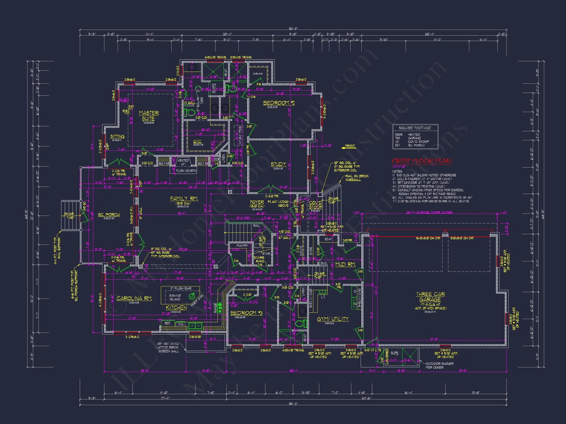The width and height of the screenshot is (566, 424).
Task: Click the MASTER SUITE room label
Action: [149, 116]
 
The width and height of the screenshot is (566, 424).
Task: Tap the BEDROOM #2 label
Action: [279, 103]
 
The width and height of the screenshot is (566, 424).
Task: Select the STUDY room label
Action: [278, 164]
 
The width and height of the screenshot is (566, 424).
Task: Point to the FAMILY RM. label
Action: [184, 198]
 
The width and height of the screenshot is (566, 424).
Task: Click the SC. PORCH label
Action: [109, 215]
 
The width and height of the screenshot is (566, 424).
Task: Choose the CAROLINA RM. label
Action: [134, 298]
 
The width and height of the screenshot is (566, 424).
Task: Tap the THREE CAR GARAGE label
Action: [430, 297]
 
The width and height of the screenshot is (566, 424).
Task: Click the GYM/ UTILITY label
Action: [333, 319]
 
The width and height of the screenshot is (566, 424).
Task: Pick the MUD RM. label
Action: [345, 265]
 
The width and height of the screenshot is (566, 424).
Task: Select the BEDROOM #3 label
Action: [246, 313]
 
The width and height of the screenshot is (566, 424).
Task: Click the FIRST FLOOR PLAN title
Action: [421, 161]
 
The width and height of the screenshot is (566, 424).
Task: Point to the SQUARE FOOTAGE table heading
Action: [415, 128]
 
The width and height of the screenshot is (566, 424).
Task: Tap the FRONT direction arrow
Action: [348, 146]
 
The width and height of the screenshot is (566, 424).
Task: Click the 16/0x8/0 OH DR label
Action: [428, 238]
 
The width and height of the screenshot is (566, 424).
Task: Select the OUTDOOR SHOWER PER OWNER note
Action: [439, 365]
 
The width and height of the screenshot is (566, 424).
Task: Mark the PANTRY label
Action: [242, 245]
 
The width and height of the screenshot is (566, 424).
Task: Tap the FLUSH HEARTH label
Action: [186, 171]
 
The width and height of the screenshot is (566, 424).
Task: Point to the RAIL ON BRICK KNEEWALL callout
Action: [357, 178]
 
